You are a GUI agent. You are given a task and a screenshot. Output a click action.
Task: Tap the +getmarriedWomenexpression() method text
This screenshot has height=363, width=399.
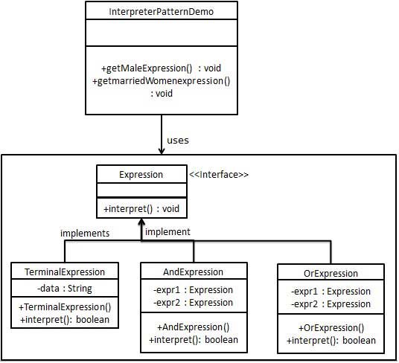162,81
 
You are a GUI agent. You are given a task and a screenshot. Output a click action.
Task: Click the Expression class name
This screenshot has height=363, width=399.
141,175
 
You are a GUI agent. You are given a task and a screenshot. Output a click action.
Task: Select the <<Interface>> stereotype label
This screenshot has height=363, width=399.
218,175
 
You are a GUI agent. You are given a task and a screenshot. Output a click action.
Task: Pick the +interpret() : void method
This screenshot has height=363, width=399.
141,208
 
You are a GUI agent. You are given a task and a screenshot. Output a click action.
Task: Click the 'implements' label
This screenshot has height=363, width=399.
84,233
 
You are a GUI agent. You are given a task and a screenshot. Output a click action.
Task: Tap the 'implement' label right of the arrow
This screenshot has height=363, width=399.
168,232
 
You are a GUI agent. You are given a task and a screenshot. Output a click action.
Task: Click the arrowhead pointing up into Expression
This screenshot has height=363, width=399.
141,223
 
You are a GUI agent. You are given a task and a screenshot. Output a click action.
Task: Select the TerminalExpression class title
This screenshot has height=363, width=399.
65,272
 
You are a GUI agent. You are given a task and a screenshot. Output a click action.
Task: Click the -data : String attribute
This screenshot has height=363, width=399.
65,289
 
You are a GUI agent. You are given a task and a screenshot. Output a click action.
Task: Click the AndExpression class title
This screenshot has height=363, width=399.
192,272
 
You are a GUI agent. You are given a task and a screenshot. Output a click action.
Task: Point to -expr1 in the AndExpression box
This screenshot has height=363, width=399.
192,290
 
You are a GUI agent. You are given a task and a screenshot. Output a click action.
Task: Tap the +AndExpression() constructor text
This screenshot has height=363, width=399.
192,327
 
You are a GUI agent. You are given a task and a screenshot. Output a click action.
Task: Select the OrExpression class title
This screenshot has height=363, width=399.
331,273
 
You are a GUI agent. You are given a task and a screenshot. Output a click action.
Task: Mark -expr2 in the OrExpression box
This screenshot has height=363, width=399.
331,303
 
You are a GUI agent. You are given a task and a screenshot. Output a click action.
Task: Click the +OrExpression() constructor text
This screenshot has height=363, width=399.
331,328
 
